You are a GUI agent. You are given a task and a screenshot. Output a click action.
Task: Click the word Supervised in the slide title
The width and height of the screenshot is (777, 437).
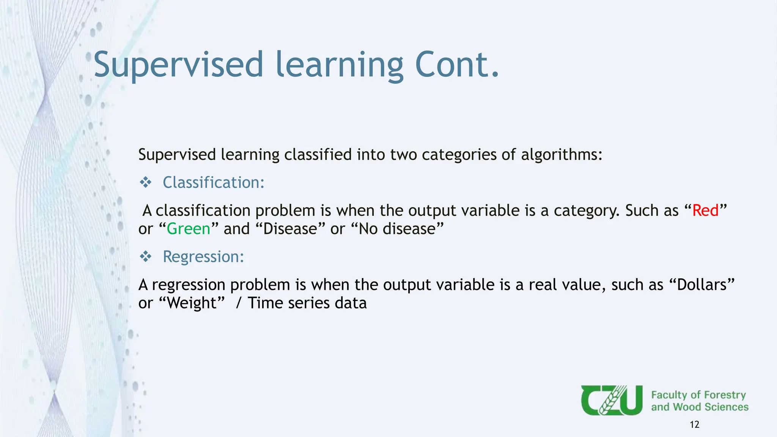pyautogui.click(x=178, y=65)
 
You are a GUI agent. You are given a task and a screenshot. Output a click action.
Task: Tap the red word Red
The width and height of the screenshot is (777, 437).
pyautogui.click(x=705, y=211)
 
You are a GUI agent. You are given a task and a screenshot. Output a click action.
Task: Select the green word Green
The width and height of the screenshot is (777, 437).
pyautogui.click(x=189, y=229)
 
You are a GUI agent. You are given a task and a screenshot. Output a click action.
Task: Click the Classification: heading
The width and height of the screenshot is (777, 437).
pyautogui.click(x=213, y=182)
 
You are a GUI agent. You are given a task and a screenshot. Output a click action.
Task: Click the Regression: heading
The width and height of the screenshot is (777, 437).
pyautogui.click(x=203, y=257)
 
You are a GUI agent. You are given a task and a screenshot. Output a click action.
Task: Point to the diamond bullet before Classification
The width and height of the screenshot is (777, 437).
pyautogui.click(x=146, y=182)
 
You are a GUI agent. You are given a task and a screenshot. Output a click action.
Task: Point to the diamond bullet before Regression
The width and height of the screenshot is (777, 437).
pyautogui.click(x=146, y=257)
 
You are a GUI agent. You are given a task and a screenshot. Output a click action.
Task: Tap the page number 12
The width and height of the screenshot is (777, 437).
pyautogui.click(x=694, y=424)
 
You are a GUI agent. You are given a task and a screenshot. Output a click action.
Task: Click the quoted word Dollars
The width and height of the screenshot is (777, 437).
pyautogui.click(x=702, y=285)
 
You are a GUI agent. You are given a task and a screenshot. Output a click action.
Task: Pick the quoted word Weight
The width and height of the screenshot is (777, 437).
pyautogui.click(x=192, y=303)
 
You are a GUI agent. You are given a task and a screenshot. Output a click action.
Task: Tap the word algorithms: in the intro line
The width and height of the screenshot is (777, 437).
pyautogui.click(x=562, y=155)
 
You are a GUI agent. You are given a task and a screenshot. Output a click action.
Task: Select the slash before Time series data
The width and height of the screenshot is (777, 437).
pyautogui.click(x=238, y=303)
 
